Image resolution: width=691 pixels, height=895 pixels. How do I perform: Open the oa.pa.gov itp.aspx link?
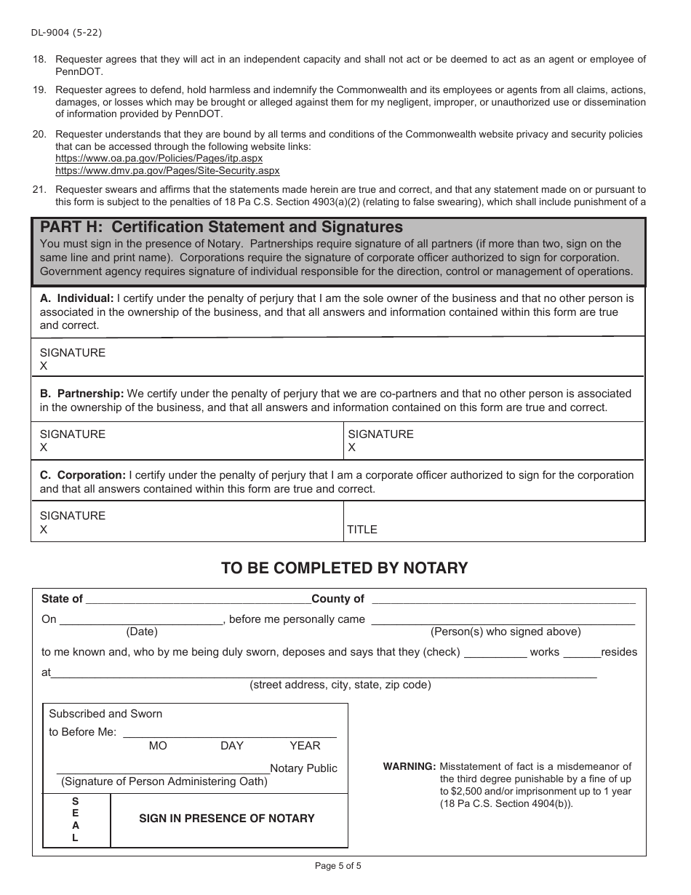(x=159, y=158)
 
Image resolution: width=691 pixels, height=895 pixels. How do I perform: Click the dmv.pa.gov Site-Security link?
(x=167, y=170)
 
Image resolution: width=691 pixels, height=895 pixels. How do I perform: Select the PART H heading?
(x=221, y=227)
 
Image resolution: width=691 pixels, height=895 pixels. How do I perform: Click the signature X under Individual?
(x=44, y=366)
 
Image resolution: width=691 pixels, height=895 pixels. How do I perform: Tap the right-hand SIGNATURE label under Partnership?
(x=380, y=434)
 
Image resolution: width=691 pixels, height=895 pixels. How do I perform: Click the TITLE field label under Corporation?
(x=362, y=530)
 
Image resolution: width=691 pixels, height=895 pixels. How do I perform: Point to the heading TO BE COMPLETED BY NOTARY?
(x=344, y=568)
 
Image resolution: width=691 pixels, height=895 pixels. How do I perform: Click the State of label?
(x=62, y=599)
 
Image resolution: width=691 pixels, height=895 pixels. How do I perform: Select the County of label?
(x=337, y=599)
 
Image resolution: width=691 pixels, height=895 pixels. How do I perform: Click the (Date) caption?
(x=142, y=632)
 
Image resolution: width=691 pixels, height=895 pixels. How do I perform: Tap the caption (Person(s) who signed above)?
(x=506, y=632)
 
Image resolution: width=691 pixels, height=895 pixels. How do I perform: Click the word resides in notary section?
(x=619, y=652)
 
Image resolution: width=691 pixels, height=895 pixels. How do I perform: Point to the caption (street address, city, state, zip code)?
(x=340, y=685)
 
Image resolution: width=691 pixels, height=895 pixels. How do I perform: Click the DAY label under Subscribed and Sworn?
(x=232, y=746)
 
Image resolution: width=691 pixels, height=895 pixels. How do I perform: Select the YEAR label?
(x=305, y=746)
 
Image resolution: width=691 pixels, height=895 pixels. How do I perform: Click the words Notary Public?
(x=303, y=768)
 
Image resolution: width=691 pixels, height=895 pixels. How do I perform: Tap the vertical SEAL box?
(x=76, y=819)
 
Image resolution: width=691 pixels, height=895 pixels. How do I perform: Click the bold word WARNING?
(x=409, y=766)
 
